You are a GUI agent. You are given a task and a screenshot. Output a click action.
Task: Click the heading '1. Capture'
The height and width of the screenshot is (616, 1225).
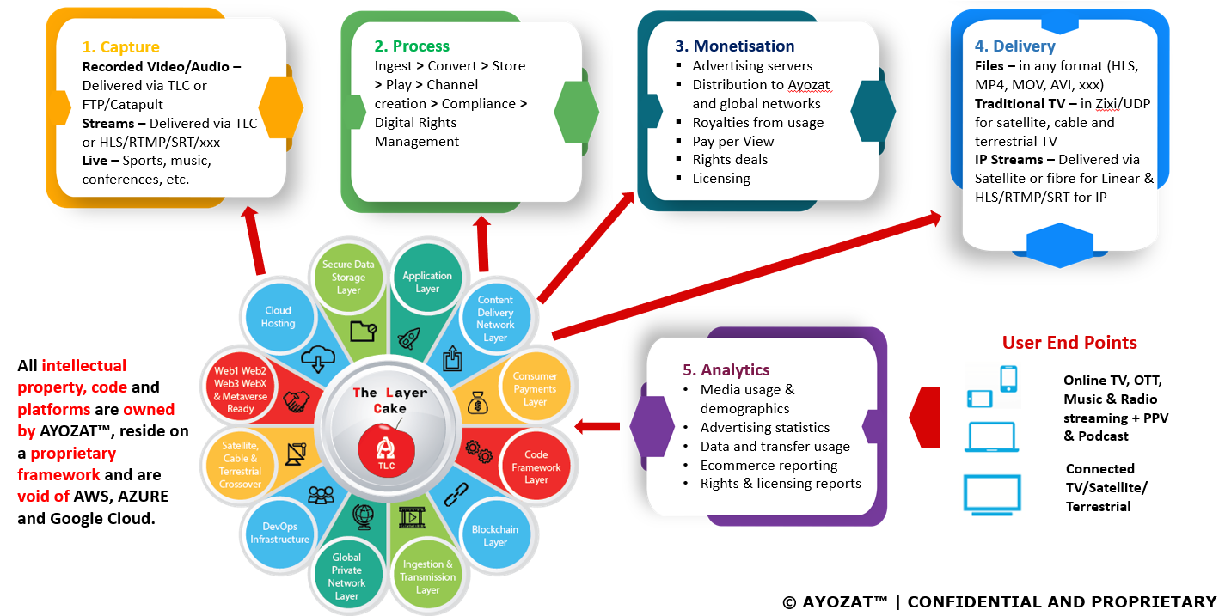120,47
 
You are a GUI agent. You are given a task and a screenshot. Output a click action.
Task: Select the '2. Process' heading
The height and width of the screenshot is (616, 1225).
412,46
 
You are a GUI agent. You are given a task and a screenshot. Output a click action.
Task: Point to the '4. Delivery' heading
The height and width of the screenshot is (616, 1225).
1014,46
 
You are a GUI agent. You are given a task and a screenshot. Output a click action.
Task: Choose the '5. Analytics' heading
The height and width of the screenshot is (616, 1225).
726,370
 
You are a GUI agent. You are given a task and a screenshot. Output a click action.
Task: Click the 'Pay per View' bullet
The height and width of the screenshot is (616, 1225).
732,141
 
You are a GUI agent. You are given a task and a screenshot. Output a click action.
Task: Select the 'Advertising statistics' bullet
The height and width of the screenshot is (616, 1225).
764,428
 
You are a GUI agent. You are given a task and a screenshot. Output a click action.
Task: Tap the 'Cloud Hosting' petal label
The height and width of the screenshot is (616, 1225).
278,317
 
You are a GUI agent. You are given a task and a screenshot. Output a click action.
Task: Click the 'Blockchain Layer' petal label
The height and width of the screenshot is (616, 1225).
494,536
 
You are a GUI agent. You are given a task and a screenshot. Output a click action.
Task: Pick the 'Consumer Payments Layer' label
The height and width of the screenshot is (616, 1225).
535,389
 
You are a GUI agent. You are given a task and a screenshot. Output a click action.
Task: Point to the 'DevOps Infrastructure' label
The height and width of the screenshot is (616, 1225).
279,533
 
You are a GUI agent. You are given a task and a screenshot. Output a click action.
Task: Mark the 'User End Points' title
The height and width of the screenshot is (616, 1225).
1069,343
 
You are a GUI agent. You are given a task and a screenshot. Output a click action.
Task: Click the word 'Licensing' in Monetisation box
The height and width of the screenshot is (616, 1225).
721,179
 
